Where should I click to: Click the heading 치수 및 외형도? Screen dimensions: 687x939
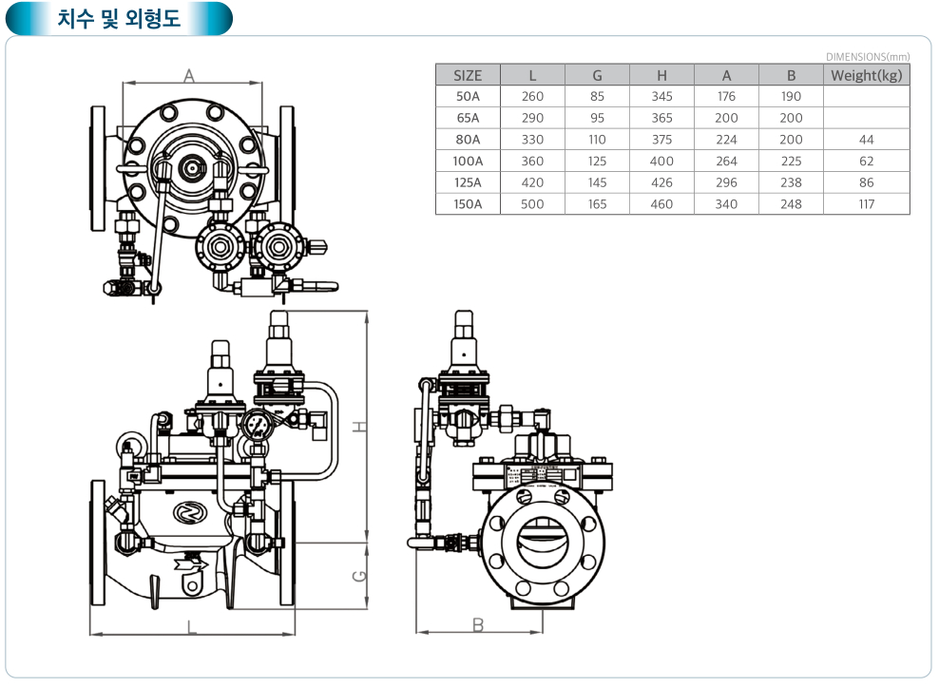tap(118, 18)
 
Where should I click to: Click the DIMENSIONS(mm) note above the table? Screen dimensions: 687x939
tap(867, 57)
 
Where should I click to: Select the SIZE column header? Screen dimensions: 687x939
tap(468, 75)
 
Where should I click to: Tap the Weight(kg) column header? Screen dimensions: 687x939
tap(866, 75)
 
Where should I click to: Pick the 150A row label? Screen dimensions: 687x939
tap(468, 204)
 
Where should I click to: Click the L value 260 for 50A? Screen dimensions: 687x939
tap(532, 96)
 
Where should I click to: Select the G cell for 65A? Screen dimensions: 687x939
tap(597, 118)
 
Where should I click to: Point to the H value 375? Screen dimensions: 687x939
tap(661, 140)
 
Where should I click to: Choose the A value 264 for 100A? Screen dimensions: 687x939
tap(726, 162)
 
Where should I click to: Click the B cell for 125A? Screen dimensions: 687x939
tap(791, 182)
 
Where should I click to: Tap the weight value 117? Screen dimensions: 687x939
tap(866, 204)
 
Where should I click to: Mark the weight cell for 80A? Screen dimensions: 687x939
tap(866, 140)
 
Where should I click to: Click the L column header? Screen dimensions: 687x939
tap(532, 75)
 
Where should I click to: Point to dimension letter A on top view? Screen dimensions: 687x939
tap(188, 74)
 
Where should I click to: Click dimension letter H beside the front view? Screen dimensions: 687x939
tap(359, 427)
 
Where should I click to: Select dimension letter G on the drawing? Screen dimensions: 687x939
tap(359, 576)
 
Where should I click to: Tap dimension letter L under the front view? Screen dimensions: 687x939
tap(191, 626)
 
